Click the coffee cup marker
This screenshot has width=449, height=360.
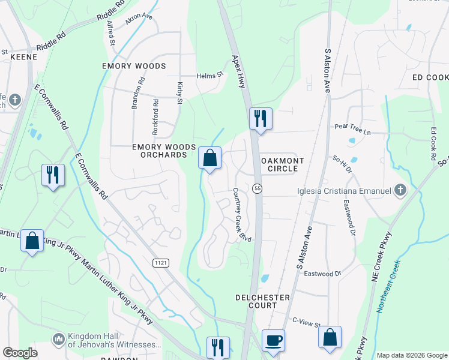273,340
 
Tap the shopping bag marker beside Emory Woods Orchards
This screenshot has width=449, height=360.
210,158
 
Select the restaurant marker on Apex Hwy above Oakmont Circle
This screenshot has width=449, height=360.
261,118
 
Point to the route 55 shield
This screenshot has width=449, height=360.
258,188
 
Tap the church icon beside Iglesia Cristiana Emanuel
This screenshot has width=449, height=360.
401,191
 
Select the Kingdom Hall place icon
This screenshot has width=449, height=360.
58,340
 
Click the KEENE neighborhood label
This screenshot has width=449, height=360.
24,57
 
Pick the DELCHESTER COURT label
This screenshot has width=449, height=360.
263,301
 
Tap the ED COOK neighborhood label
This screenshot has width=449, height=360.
430,77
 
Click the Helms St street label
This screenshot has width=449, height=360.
209,76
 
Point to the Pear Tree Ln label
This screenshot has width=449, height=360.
354,127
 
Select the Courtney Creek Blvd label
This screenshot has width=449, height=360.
242,215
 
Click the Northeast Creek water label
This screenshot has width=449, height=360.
388,285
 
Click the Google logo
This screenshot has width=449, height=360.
20,352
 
